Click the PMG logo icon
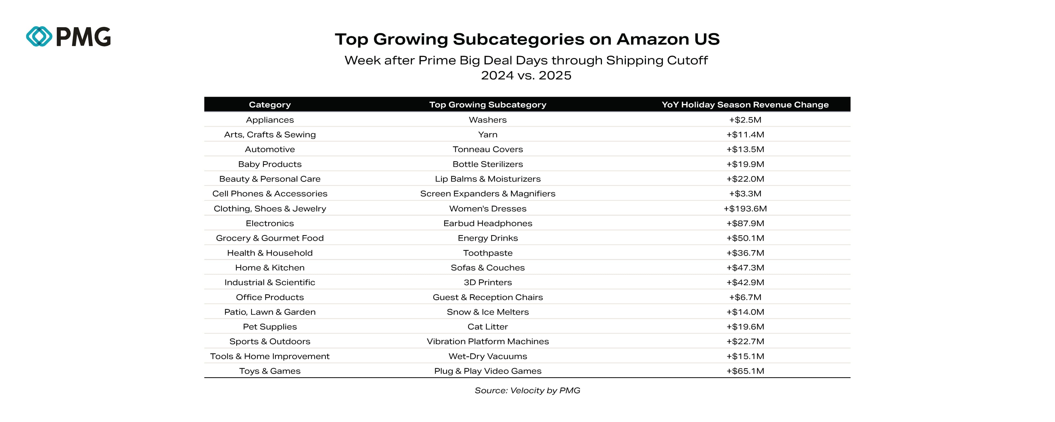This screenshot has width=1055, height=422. pyautogui.click(x=39, y=37)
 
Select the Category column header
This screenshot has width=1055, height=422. pyautogui.click(x=270, y=104)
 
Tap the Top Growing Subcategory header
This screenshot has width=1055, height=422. pyautogui.click(x=487, y=104)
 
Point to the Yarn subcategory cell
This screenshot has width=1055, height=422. pyautogui.click(x=487, y=134)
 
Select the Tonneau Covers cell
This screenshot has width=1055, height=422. pyautogui.click(x=487, y=149)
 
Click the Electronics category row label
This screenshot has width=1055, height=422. pyautogui.click(x=270, y=223)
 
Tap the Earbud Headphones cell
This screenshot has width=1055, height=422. pyautogui.click(x=487, y=223)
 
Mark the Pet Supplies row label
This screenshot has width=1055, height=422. pyautogui.click(x=270, y=327)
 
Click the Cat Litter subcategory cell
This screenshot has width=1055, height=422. pyautogui.click(x=487, y=327)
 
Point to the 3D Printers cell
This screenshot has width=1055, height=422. pyautogui.click(x=487, y=282)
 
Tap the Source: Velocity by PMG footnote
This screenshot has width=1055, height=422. pyautogui.click(x=527, y=390)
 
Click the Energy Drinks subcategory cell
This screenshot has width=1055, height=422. pyautogui.click(x=487, y=238)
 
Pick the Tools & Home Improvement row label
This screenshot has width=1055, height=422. pyautogui.click(x=270, y=356)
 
